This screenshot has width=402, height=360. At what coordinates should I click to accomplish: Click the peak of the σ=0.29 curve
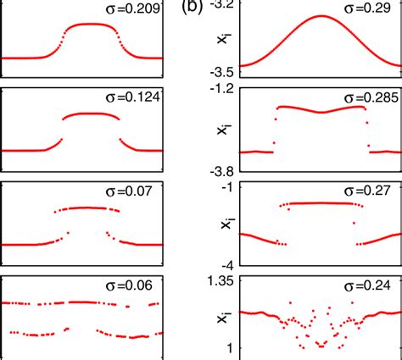click(321, 16)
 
